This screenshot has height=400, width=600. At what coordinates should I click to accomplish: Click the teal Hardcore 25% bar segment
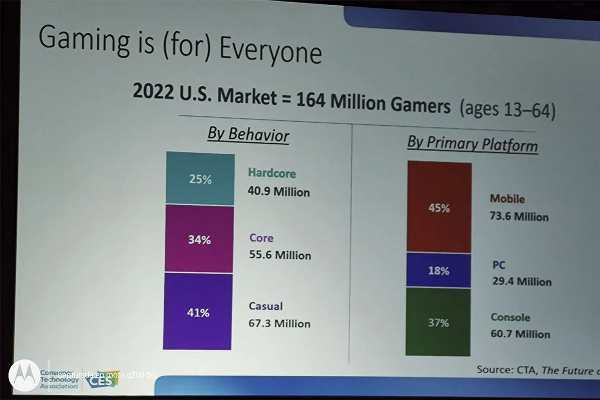pyautogui.click(x=200, y=179)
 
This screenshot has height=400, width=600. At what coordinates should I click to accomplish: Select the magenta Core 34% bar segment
pyautogui.click(x=199, y=239)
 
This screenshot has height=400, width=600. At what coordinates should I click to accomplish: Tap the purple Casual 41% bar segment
pyautogui.click(x=197, y=312)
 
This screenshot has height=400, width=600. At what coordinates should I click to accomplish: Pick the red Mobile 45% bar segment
pyautogui.click(x=439, y=207)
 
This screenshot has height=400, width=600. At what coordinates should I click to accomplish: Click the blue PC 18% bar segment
pyautogui.click(x=438, y=271)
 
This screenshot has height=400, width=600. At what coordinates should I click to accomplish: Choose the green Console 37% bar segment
pyautogui.click(x=438, y=322)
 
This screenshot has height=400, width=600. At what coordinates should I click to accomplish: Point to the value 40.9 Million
pyautogui.click(x=278, y=192)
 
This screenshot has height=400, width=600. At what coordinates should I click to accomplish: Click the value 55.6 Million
pyautogui.click(x=280, y=255)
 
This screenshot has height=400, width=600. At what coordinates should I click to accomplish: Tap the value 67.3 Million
pyautogui.click(x=279, y=323)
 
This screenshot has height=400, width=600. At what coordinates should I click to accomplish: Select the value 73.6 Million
pyautogui.click(x=519, y=216)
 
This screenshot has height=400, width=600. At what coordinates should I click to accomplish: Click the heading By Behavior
pyautogui.click(x=248, y=134)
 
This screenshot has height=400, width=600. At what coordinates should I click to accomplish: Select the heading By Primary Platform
pyautogui.click(x=472, y=144)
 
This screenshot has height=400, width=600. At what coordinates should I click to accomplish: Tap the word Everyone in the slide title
pyautogui.click(x=270, y=51)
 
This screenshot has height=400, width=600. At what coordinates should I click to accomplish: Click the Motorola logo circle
pyautogui.click(x=24, y=375)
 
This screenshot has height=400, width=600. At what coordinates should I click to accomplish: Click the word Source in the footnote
pyautogui.click(x=494, y=369)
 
